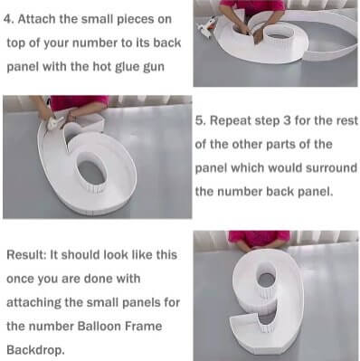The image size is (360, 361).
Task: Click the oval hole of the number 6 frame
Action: [91, 169]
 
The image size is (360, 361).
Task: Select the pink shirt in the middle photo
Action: [71, 102]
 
